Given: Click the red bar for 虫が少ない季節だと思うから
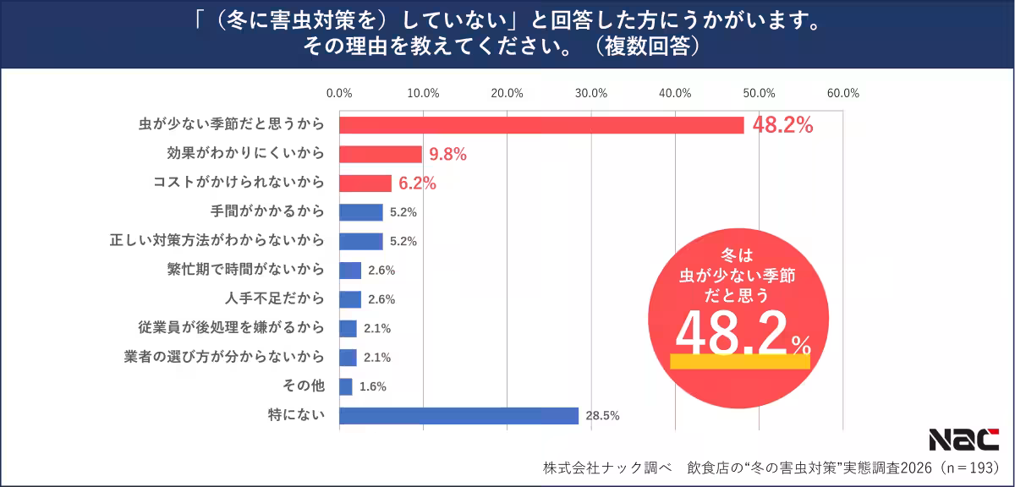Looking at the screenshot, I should (541, 125).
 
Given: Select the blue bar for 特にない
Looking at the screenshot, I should (458, 415).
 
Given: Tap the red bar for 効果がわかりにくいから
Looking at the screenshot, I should (381, 154).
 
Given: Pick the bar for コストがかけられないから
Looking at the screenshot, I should (365, 183).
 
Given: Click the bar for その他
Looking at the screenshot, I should (346, 386).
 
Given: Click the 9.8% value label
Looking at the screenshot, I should (447, 154).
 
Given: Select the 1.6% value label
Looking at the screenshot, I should (372, 386).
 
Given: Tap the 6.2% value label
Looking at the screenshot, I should (417, 183).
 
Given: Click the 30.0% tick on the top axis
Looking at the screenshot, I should (591, 93).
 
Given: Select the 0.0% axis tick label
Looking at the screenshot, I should (339, 93).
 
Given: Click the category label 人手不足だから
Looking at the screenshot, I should (274, 298).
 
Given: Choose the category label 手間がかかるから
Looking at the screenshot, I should (266, 211).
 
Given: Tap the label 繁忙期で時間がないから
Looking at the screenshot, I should (245, 270).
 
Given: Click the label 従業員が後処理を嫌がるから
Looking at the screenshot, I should (231, 327).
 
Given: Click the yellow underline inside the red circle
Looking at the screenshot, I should (739, 361).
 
